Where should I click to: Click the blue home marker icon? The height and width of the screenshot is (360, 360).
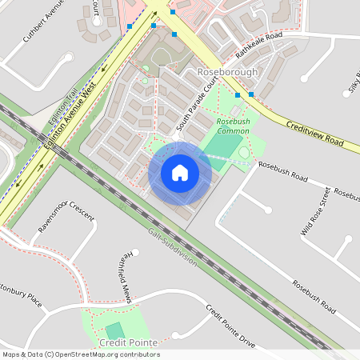coord(180,172)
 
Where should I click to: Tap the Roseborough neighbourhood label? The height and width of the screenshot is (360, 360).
coord(227,72)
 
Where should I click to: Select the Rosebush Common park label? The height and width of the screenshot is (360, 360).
coord(234,126)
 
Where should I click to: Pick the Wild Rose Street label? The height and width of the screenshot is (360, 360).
coord(315,211)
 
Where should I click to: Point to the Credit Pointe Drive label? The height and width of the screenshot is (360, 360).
coord(230,326)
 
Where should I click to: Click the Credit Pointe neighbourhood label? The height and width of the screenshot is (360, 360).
coord(126,342)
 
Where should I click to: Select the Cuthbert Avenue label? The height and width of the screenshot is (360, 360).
coord(44,22)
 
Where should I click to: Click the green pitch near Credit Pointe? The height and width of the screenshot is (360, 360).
coord(115,330)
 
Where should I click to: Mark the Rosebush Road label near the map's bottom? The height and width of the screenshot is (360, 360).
coord(314,295)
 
